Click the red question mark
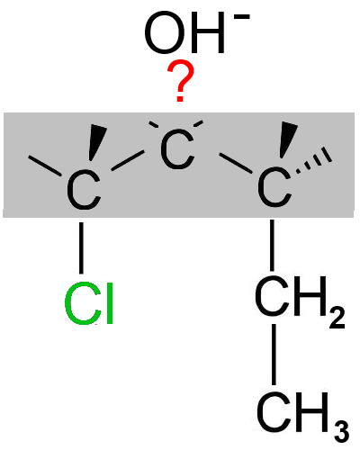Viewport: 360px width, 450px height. click(x=181, y=80)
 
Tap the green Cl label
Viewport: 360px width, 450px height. click(x=89, y=303)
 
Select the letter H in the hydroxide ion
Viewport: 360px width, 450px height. click(x=207, y=32)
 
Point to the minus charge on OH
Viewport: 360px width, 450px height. click(x=241, y=17)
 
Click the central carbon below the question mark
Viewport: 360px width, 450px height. click(x=177, y=148)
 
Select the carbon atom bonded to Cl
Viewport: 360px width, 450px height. click(x=84, y=190)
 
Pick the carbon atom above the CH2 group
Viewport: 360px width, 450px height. click(x=274, y=187)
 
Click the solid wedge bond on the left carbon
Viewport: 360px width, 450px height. click(x=97, y=142)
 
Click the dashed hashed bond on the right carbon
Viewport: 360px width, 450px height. click(x=313, y=160)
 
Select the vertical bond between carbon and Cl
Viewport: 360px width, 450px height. click(x=81, y=247)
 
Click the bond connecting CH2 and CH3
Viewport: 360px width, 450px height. click(x=274, y=354)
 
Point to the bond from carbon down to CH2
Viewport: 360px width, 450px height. click(x=272, y=245)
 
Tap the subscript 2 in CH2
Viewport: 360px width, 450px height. click(x=337, y=318)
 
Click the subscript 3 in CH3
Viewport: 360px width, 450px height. click(x=341, y=431)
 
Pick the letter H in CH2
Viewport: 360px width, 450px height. click(x=310, y=296)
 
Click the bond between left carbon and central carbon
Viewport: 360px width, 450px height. click(x=128, y=160)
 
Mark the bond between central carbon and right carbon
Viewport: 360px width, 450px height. click(x=236, y=163)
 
